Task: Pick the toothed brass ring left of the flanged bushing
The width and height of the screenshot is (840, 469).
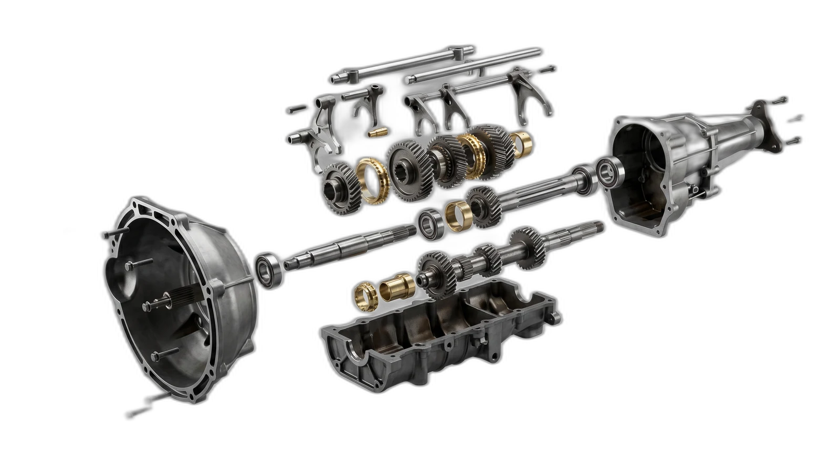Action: pyautogui.click(x=364, y=293)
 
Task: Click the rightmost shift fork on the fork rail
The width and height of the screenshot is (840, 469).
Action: pyautogui.click(x=535, y=102)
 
